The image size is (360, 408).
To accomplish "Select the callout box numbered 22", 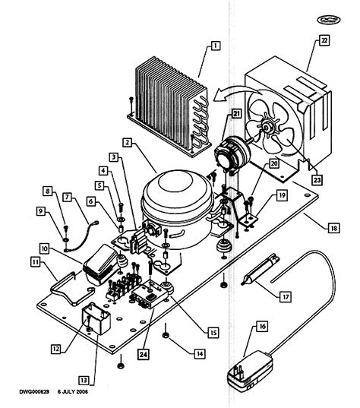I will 324,41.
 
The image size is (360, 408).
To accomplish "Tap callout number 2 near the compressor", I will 128,142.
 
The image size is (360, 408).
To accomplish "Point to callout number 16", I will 262,326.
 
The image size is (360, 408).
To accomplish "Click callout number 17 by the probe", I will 285,298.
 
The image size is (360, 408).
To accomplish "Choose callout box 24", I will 144,352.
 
